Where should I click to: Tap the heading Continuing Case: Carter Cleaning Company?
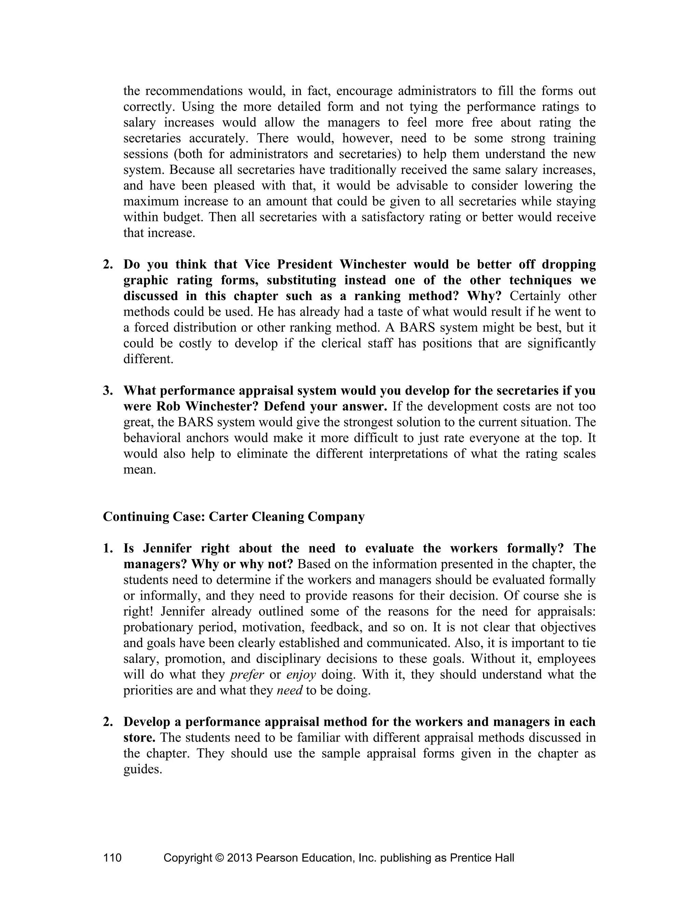click(x=233, y=517)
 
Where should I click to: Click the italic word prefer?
click(x=247, y=674)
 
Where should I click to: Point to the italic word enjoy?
click(x=301, y=674)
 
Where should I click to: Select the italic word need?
click(x=289, y=690)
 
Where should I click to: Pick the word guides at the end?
click(x=142, y=769)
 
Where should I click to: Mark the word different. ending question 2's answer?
click(x=148, y=359)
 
